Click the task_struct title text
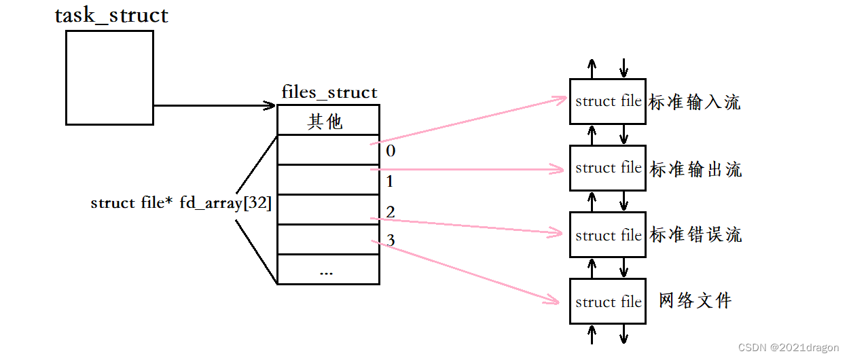111,16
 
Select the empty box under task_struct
109,77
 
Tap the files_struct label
329,92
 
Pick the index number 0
391,151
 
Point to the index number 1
391,181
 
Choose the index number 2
391,213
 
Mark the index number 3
391,240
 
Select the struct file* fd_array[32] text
181,203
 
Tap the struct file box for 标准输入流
607,101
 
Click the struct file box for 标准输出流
607,168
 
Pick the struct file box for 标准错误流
607,235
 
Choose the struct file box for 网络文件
607,302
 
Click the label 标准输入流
694,102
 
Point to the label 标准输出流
696,168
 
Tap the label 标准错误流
696,234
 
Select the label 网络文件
696,300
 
